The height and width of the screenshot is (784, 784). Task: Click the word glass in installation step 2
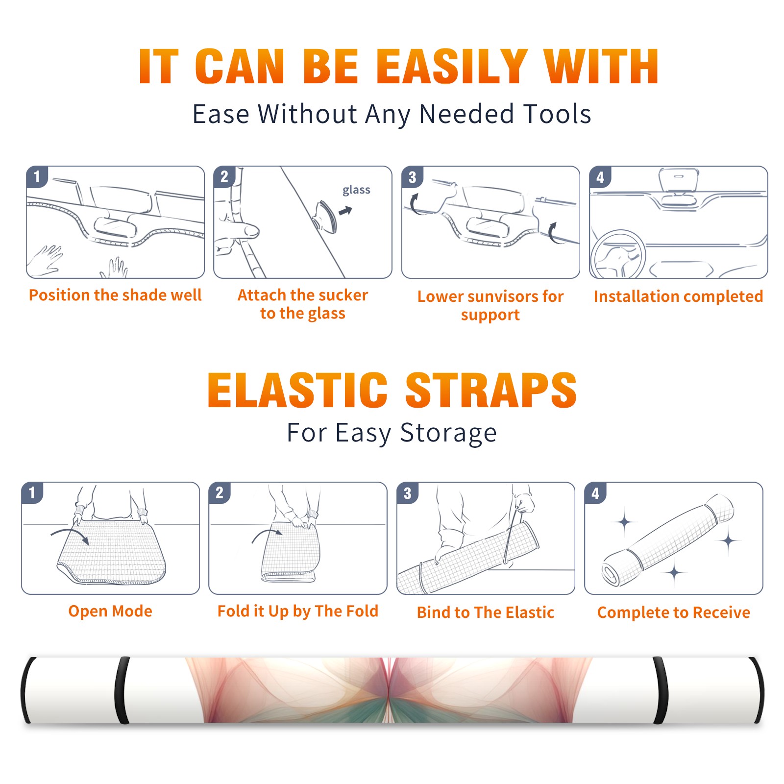coord(356,190)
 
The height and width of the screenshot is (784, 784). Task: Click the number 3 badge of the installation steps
coord(413,177)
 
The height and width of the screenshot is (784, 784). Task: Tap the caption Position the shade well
coord(115,295)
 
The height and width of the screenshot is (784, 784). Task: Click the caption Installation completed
coord(678,296)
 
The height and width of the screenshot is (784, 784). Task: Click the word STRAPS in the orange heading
coord(491,390)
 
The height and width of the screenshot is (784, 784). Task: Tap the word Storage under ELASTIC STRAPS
coord(448,433)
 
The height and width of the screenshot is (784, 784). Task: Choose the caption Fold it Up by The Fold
coord(298,612)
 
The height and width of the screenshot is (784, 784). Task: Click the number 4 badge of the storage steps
coord(595,493)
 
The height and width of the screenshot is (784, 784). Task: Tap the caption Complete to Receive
coord(674,612)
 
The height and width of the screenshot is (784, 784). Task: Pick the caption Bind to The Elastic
coord(486,612)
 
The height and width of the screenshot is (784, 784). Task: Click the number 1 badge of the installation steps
coord(37,176)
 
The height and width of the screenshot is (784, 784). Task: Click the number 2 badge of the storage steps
coord(220,493)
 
